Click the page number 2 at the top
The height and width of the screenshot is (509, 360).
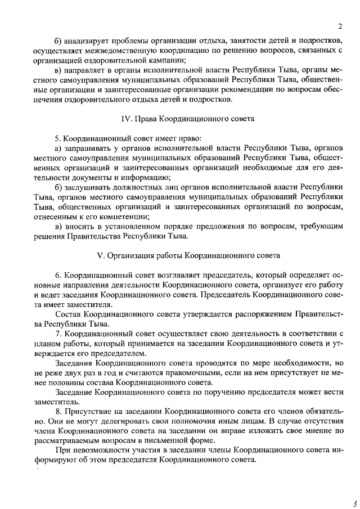click(340, 26)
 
